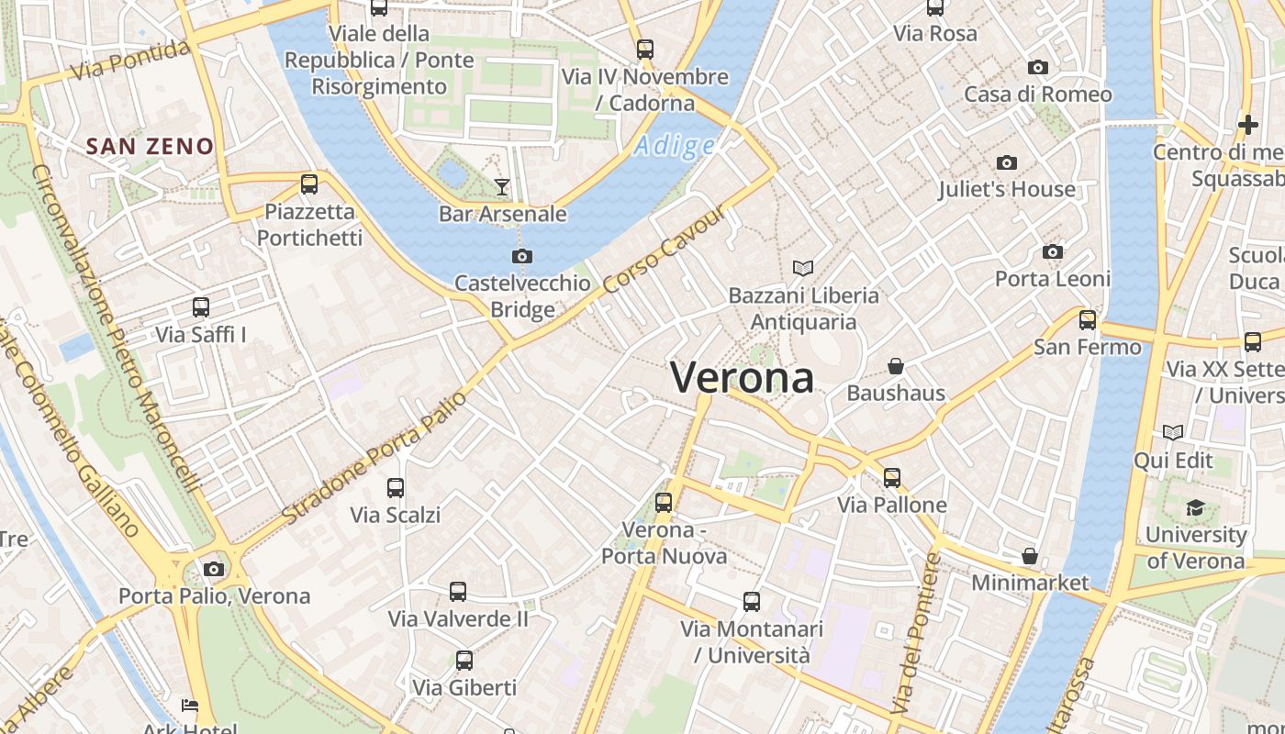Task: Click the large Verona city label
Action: pos(742,377)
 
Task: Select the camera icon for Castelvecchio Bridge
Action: pos(522,256)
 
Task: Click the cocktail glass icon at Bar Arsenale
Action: pos(501,187)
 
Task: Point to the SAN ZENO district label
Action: pos(150,146)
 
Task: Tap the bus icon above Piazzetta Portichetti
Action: pos(309,184)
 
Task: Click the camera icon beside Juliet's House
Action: pos(1007,162)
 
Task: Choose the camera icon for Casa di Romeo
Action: pos(1038,67)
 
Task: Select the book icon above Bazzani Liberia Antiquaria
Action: pos(803,268)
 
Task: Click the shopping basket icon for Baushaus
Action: pos(896,366)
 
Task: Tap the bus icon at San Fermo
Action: pos(1088,320)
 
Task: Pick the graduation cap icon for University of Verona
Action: pos(1195,507)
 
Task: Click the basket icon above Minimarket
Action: pos(1030,556)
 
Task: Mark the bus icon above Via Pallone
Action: pos(892,478)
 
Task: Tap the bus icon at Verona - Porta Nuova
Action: pos(664,503)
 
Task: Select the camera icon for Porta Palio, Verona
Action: pos(214,569)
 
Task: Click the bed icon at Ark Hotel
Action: pos(190,706)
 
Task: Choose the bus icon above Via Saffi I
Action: pos(201,307)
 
